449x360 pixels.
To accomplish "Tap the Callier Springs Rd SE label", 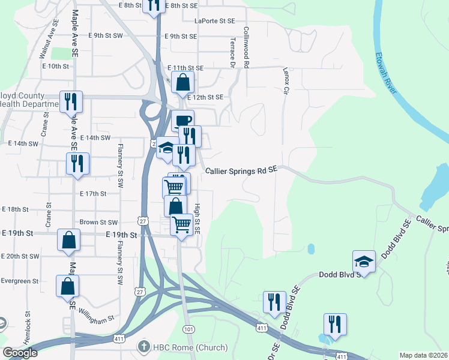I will pos(241,171).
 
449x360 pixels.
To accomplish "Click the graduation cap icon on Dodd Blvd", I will pos(364,261).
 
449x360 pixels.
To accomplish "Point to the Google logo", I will pos(20,353).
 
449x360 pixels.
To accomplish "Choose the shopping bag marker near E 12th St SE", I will pos(183,83).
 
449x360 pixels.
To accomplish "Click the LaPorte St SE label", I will pos(214,20).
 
